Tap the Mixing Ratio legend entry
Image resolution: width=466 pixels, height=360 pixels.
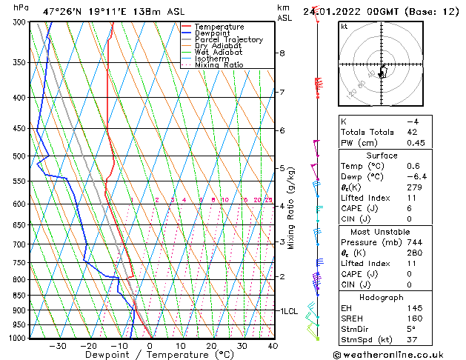[x=219, y=65]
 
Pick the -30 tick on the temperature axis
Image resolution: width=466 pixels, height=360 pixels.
[x=58, y=346]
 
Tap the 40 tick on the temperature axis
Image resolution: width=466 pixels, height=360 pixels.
[x=273, y=346]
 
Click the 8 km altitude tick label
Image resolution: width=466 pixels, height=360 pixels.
[x=282, y=53]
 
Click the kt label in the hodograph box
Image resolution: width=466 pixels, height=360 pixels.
[x=344, y=27]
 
